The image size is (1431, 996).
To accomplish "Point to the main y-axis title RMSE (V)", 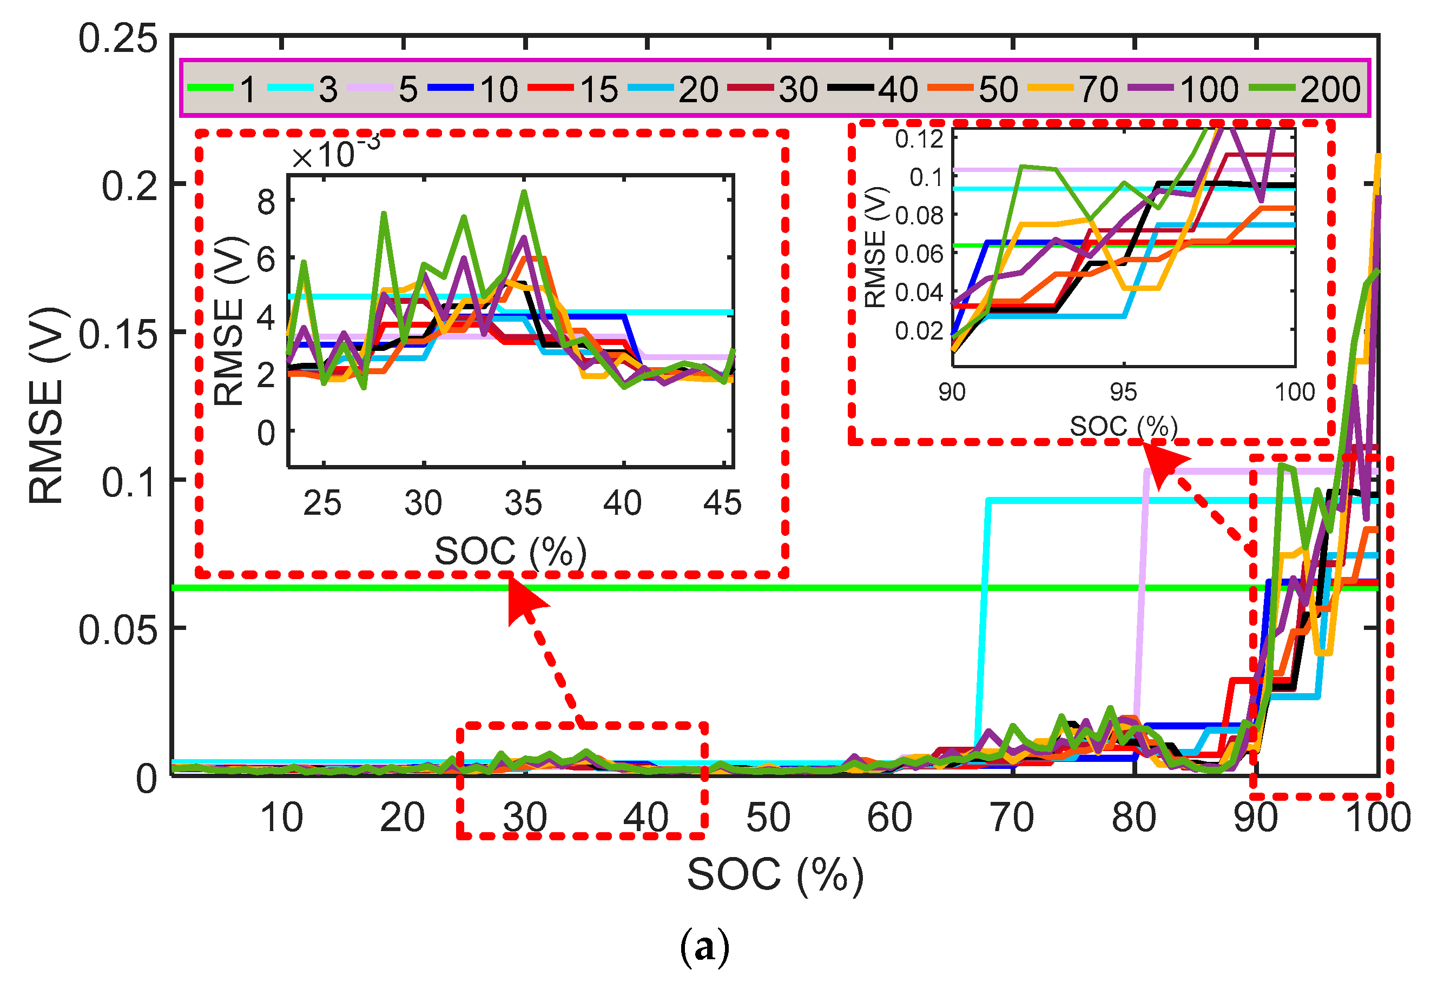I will point(47,405).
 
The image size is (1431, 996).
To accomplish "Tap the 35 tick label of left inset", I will point(524,503).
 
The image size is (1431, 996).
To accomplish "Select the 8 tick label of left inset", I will point(266,202).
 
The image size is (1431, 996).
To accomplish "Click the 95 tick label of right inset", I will point(1123,393).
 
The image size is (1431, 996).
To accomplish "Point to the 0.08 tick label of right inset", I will point(919,216).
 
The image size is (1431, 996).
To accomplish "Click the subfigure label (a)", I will point(704,947).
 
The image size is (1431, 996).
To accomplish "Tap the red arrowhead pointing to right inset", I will point(1163,463).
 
